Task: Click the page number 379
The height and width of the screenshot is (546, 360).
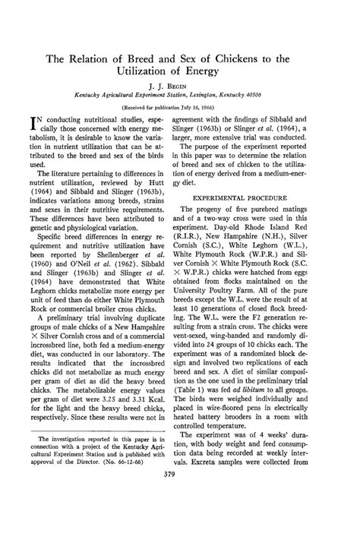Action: pyautogui.click(x=180, y=519)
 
